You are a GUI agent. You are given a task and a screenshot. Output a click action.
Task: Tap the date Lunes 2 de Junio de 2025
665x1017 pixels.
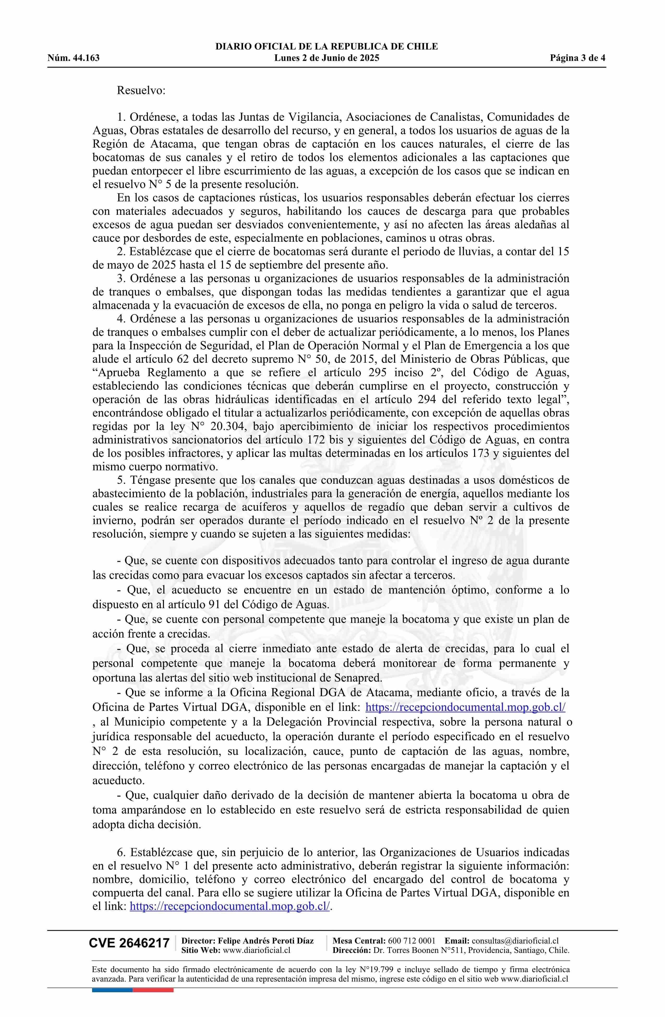pyautogui.click(x=327, y=58)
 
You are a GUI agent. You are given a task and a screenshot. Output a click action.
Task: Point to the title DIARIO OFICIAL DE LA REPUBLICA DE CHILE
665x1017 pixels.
pyautogui.click(x=327, y=47)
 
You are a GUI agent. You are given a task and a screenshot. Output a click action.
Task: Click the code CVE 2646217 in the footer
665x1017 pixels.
pyautogui.click(x=129, y=943)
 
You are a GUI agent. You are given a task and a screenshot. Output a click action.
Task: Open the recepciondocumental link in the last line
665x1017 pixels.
pyautogui.click(x=229, y=906)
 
